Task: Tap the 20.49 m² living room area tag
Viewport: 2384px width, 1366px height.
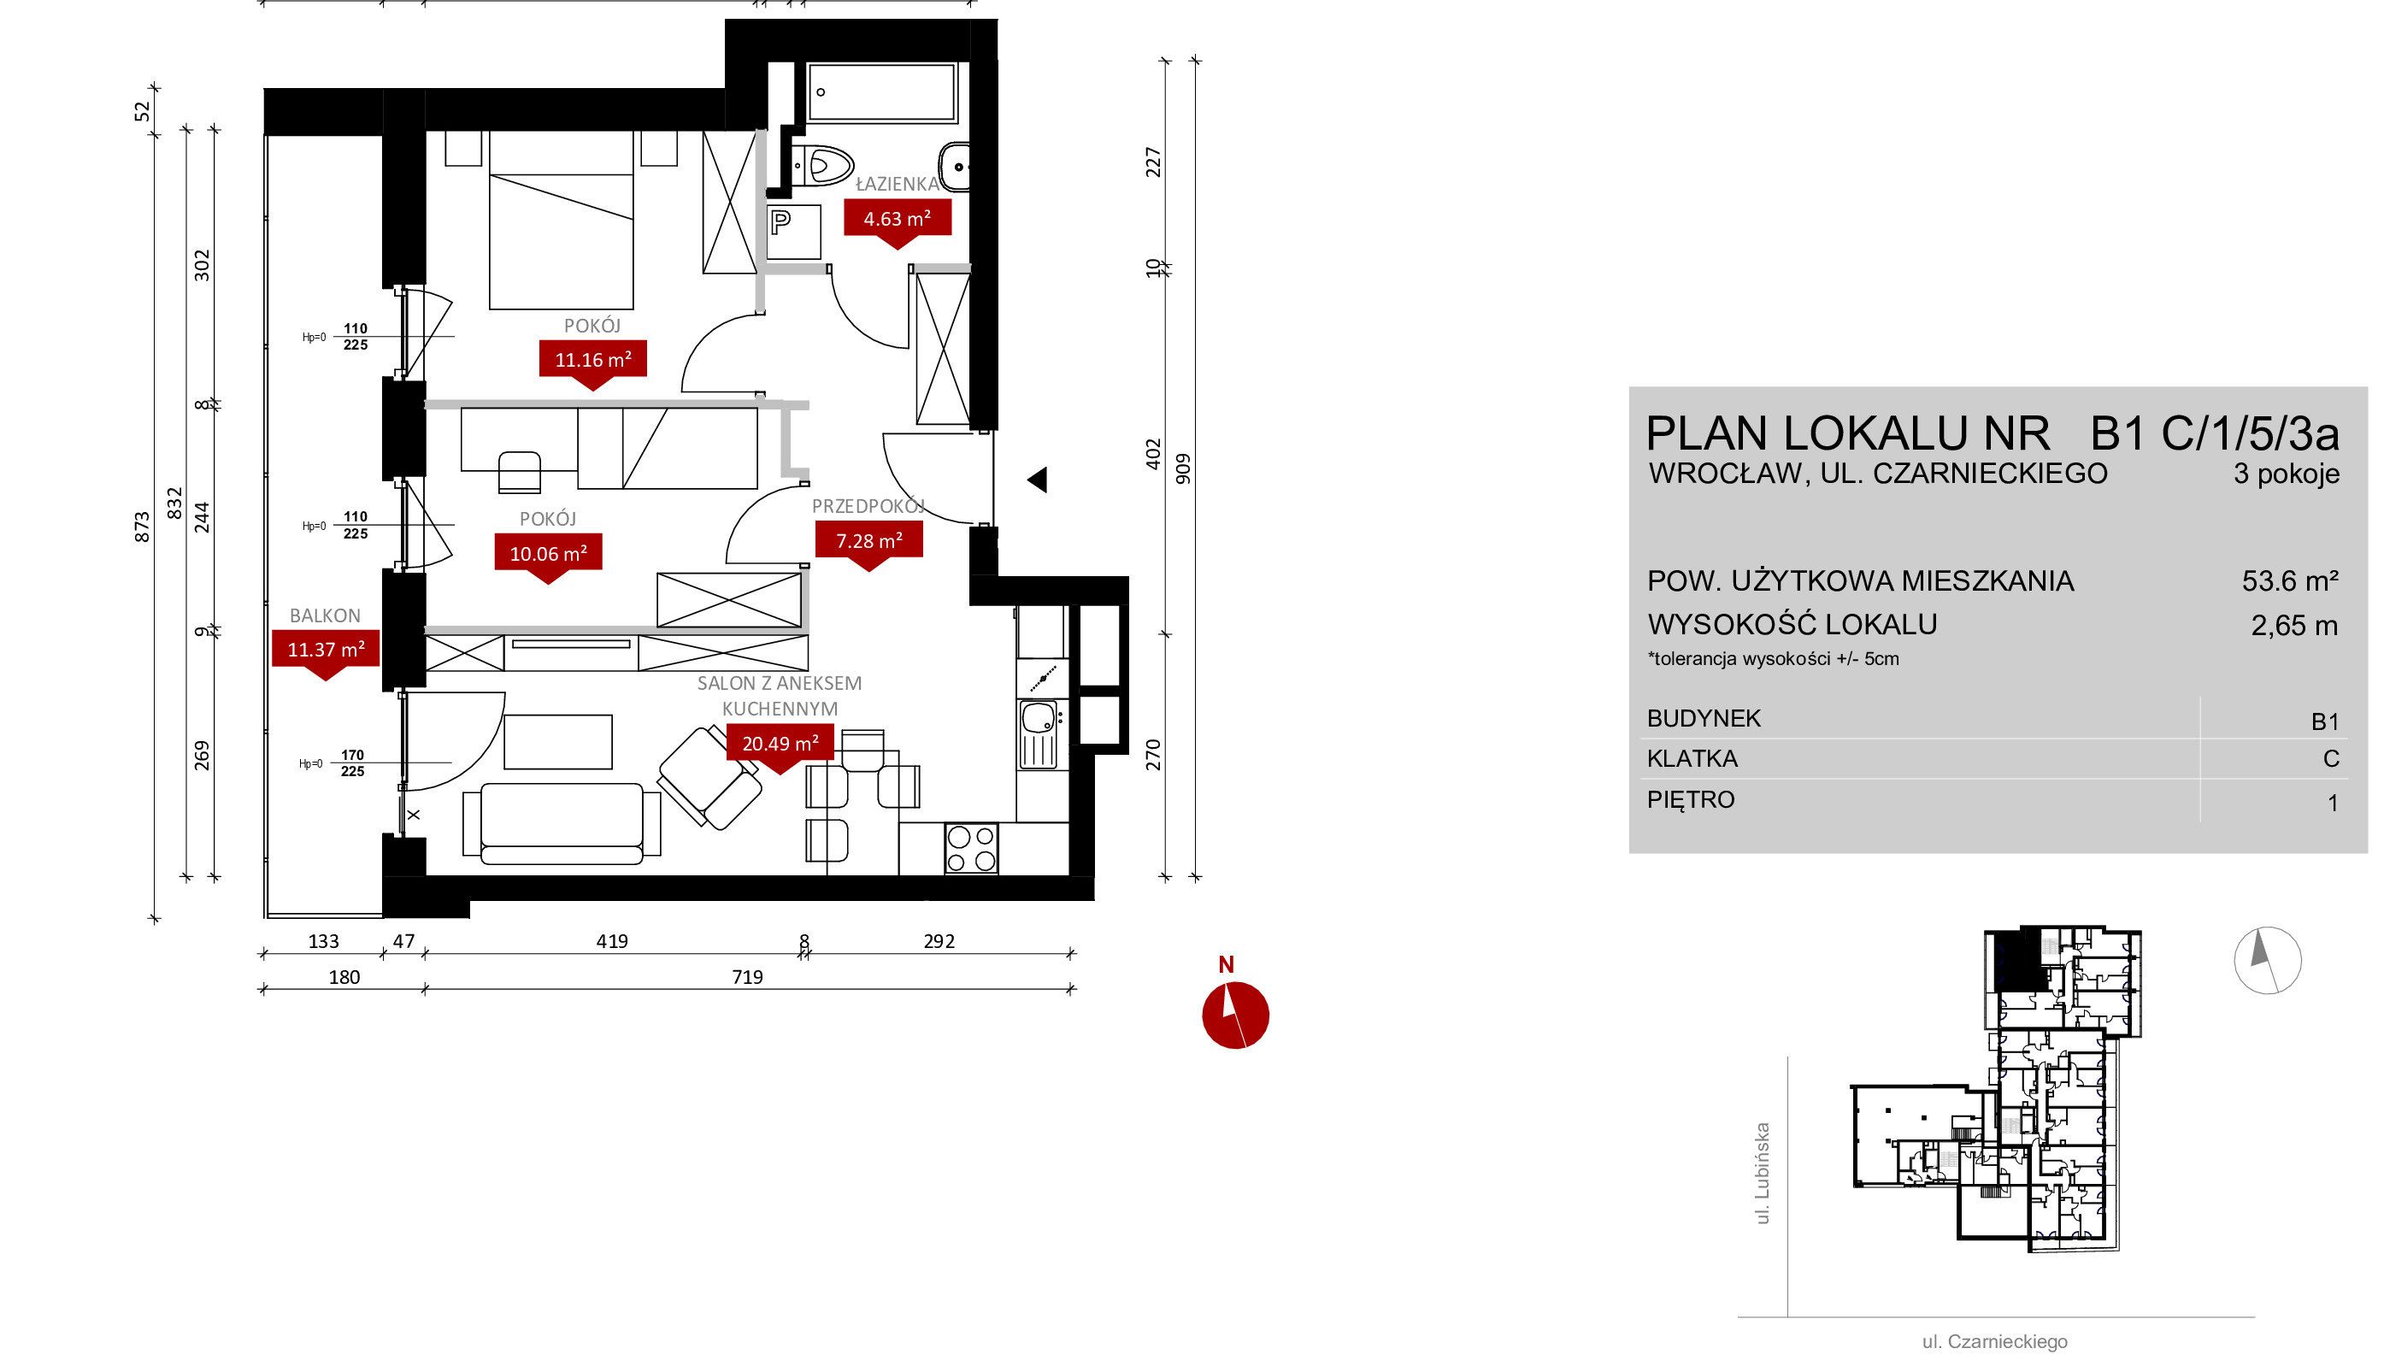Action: point(780,744)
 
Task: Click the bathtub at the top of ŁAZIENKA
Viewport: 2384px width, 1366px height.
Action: point(880,92)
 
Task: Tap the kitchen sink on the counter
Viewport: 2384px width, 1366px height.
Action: point(1039,734)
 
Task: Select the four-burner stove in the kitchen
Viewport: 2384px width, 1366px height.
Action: point(971,848)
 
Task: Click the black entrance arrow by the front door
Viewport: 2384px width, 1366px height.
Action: point(1037,480)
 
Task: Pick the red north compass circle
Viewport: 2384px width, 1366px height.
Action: point(1235,1016)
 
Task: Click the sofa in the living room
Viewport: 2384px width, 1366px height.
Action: point(561,823)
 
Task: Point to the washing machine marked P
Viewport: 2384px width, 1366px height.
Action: point(793,232)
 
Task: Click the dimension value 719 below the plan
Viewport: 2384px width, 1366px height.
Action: point(747,977)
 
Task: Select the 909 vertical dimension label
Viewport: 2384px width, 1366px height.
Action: point(1183,469)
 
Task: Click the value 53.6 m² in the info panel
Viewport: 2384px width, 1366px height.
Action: point(2289,580)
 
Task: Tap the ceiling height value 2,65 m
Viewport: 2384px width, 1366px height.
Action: point(2294,625)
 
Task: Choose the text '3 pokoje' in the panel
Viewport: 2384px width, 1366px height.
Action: point(2286,474)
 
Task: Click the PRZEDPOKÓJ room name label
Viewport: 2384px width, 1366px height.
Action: point(868,506)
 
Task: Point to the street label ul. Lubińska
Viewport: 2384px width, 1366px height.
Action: point(1763,1174)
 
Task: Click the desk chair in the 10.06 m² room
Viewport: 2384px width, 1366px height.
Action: point(520,472)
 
